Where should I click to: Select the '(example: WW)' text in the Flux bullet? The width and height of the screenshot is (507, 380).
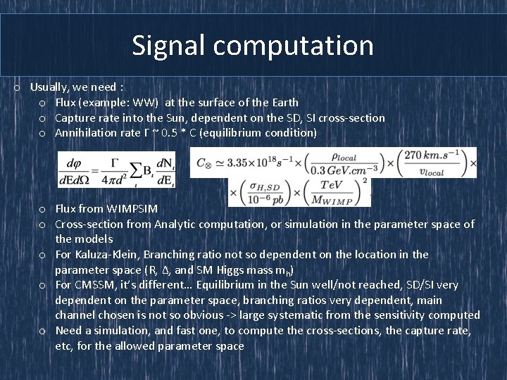(x=123, y=103)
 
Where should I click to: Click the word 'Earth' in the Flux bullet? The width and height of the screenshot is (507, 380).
(x=284, y=103)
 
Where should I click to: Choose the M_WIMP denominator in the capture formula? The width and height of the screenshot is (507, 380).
(x=343, y=199)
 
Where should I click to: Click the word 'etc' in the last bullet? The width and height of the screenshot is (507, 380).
(x=64, y=346)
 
